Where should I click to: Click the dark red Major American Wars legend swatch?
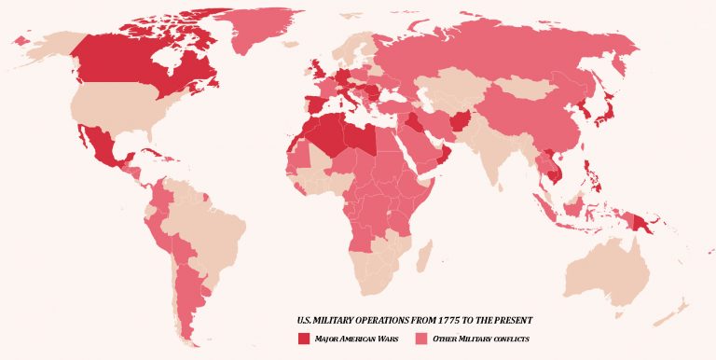tap(303, 338)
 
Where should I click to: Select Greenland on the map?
tap(270, 33)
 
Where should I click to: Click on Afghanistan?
tap(463, 121)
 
